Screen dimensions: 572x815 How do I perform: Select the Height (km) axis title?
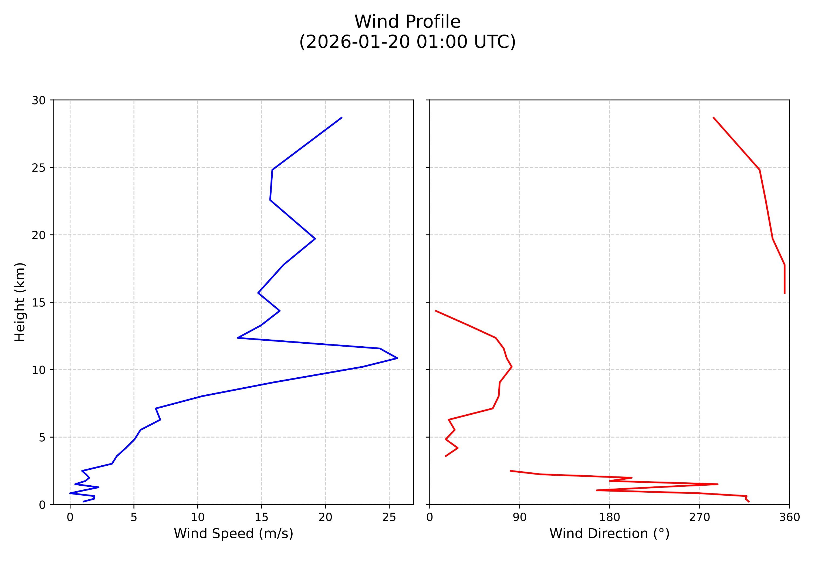point(20,302)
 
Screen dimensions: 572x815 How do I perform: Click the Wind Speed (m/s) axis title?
point(233,533)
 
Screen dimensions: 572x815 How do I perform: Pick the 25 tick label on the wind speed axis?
point(389,517)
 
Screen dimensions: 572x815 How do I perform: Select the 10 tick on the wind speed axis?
point(198,517)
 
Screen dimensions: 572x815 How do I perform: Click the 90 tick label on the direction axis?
point(520,517)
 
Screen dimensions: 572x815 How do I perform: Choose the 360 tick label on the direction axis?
point(789,517)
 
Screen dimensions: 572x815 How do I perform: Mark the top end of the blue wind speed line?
point(341,117)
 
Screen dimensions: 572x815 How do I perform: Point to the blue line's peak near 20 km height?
point(315,239)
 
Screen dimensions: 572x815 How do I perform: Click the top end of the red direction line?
point(713,117)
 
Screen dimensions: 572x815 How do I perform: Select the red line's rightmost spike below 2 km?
point(717,484)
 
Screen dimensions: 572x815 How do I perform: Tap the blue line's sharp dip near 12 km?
point(238,338)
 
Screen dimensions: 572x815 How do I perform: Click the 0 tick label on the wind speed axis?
point(70,517)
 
